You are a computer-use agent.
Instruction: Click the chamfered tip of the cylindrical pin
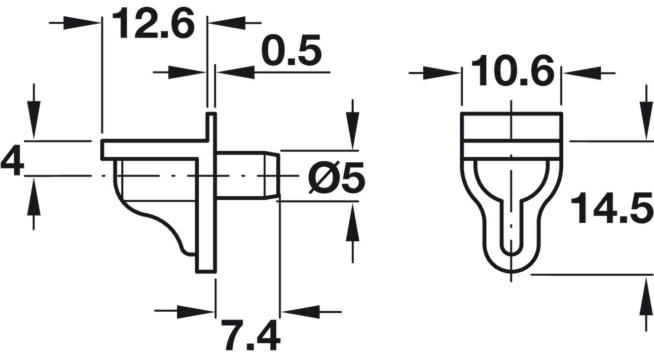(x=272, y=176)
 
